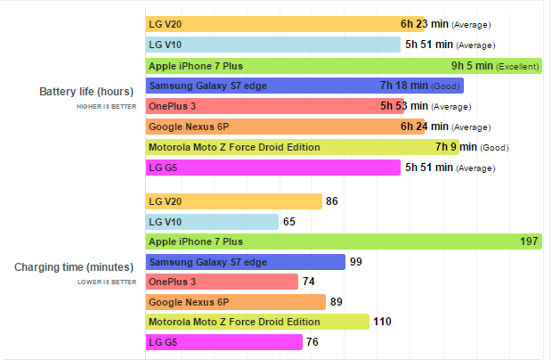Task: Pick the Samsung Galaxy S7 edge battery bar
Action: tap(304, 86)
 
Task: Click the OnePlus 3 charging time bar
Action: tap(222, 282)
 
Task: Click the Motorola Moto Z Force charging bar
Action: tap(257, 322)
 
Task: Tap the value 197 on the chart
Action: tap(529, 241)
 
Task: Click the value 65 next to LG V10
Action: tap(289, 222)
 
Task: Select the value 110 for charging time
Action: tap(383, 322)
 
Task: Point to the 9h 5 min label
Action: tap(472, 65)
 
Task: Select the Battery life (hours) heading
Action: tap(86, 91)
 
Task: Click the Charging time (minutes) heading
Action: tap(76, 266)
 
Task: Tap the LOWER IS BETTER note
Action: tap(108, 282)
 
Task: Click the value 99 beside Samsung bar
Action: tap(356, 262)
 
